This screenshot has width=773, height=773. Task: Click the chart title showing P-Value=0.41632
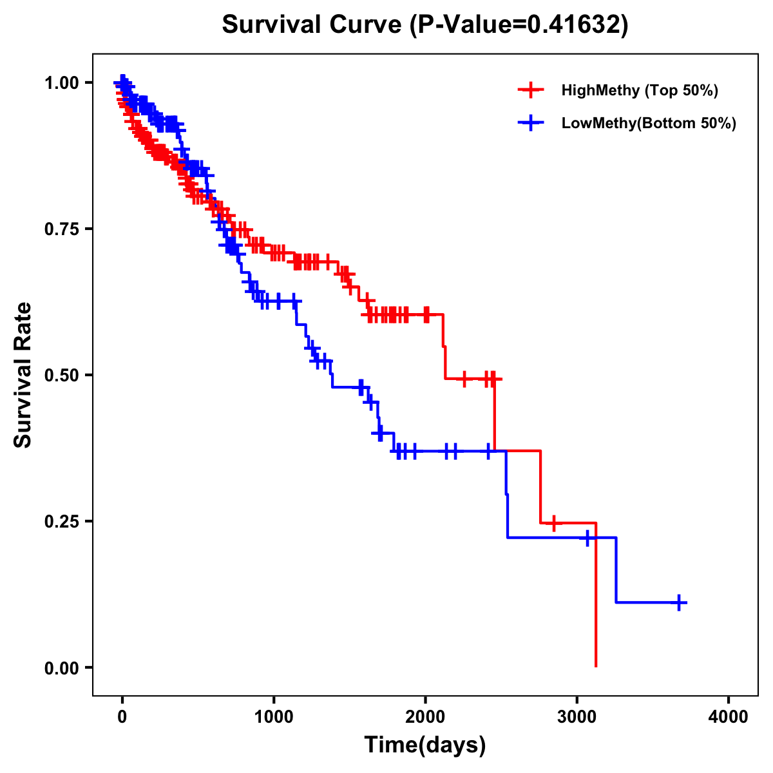(x=425, y=24)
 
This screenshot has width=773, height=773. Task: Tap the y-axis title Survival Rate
(x=23, y=374)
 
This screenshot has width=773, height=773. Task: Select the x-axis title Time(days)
(x=425, y=745)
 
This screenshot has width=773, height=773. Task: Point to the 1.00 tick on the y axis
(x=62, y=82)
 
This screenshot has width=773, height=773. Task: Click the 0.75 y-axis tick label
(x=62, y=229)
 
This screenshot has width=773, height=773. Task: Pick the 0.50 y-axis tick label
(x=62, y=375)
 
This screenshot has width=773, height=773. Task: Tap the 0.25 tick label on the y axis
(x=62, y=521)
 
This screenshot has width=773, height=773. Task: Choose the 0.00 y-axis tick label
(x=62, y=667)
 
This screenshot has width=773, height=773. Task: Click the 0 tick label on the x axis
(x=122, y=716)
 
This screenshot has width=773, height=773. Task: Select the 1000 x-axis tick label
(x=273, y=716)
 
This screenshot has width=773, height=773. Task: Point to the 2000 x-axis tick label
(x=425, y=716)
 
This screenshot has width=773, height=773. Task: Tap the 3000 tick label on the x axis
(x=577, y=716)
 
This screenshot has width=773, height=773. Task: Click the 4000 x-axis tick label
(x=729, y=716)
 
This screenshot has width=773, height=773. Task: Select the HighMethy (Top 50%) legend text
(x=639, y=90)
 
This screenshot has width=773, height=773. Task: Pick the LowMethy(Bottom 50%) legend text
(x=649, y=123)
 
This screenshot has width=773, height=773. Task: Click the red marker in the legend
(x=531, y=90)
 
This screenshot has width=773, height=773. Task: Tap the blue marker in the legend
(x=531, y=123)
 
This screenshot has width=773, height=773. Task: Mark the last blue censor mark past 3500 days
(x=679, y=602)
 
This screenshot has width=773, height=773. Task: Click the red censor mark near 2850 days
(x=553, y=523)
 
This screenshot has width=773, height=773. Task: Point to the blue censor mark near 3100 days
(x=587, y=537)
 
